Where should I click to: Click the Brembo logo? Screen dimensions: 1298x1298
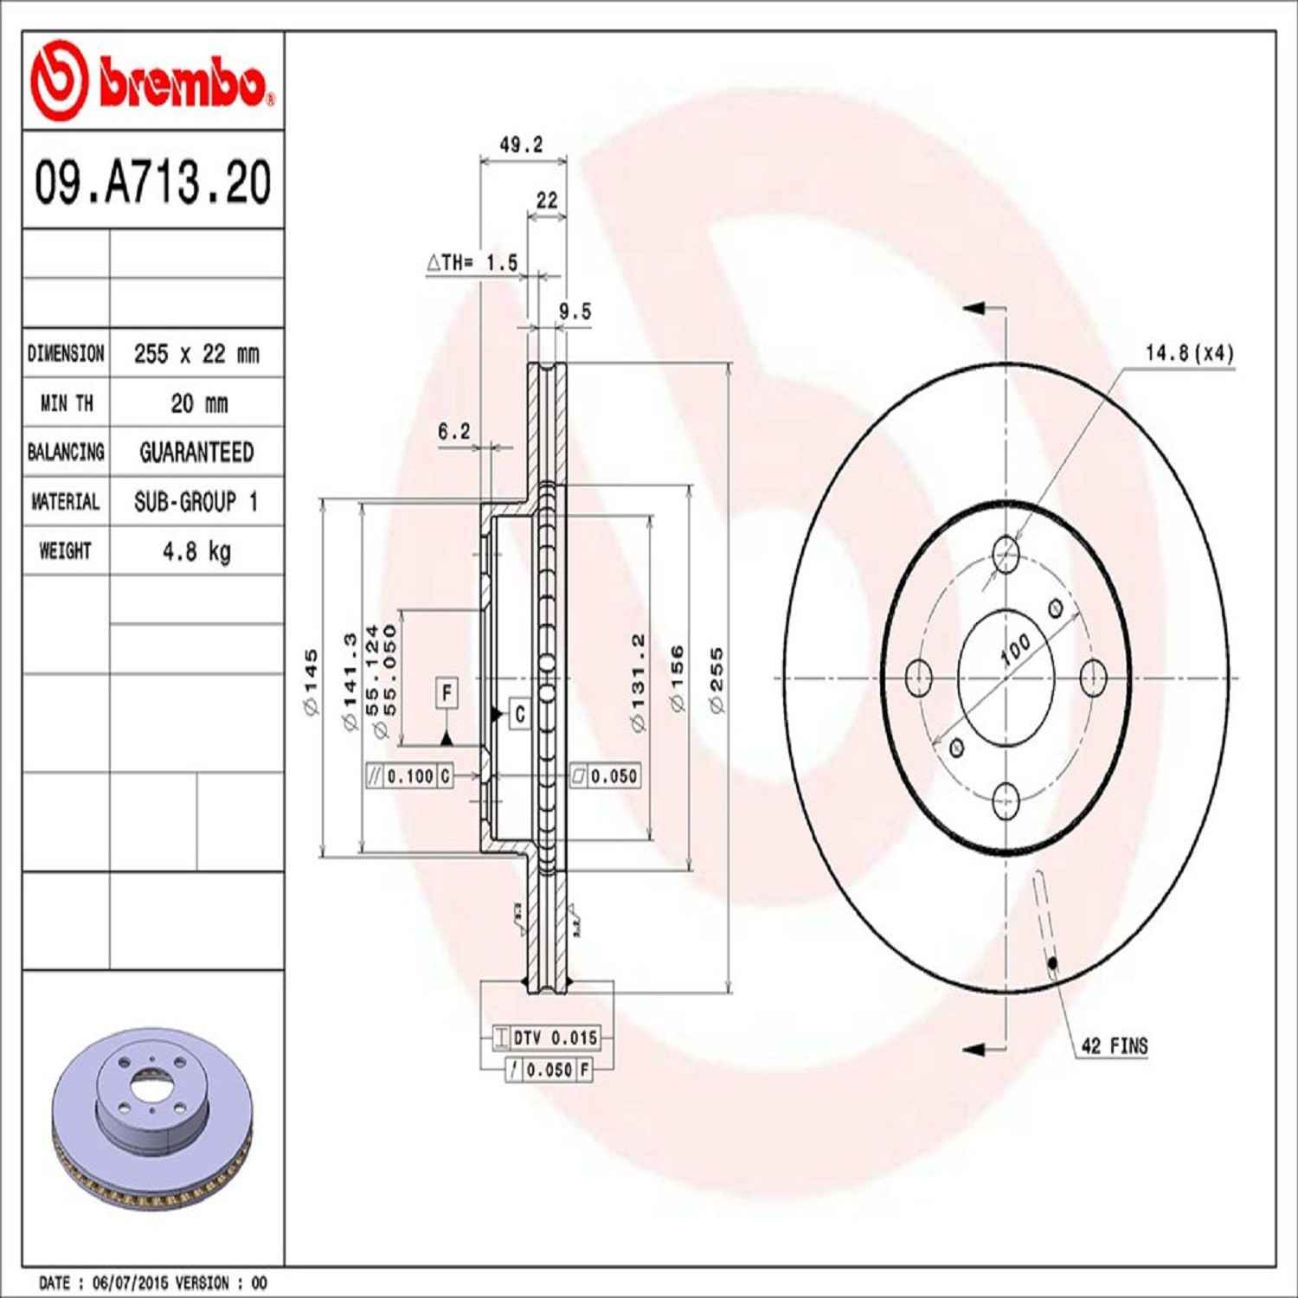pos(152,81)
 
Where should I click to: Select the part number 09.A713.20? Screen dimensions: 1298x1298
pos(152,182)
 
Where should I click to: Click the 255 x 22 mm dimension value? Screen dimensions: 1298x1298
pos(196,354)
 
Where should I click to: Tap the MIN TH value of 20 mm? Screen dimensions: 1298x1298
pos(198,403)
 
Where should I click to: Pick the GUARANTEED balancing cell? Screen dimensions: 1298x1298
pos(196,453)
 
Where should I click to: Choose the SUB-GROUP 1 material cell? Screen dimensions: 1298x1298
pos(196,502)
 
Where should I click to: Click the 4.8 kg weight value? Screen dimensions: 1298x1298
pos(196,551)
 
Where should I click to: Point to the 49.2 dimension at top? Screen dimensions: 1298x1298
pos(521,145)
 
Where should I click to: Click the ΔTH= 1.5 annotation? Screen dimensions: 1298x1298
pos(472,262)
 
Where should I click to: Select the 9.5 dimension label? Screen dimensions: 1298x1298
pos(575,312)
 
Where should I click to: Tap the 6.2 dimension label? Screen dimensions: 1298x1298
pos(453,431)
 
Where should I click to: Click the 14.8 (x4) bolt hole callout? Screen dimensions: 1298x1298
pos(1189,353)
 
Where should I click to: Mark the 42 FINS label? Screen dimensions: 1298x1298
pos(1115,1046)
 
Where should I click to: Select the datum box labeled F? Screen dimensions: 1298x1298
pos(447,693)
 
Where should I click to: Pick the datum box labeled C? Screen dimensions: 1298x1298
pos(519,714)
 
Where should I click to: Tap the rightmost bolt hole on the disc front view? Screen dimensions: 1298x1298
pos(1094,677)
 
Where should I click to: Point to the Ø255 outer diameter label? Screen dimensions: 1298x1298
pos(716,680)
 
